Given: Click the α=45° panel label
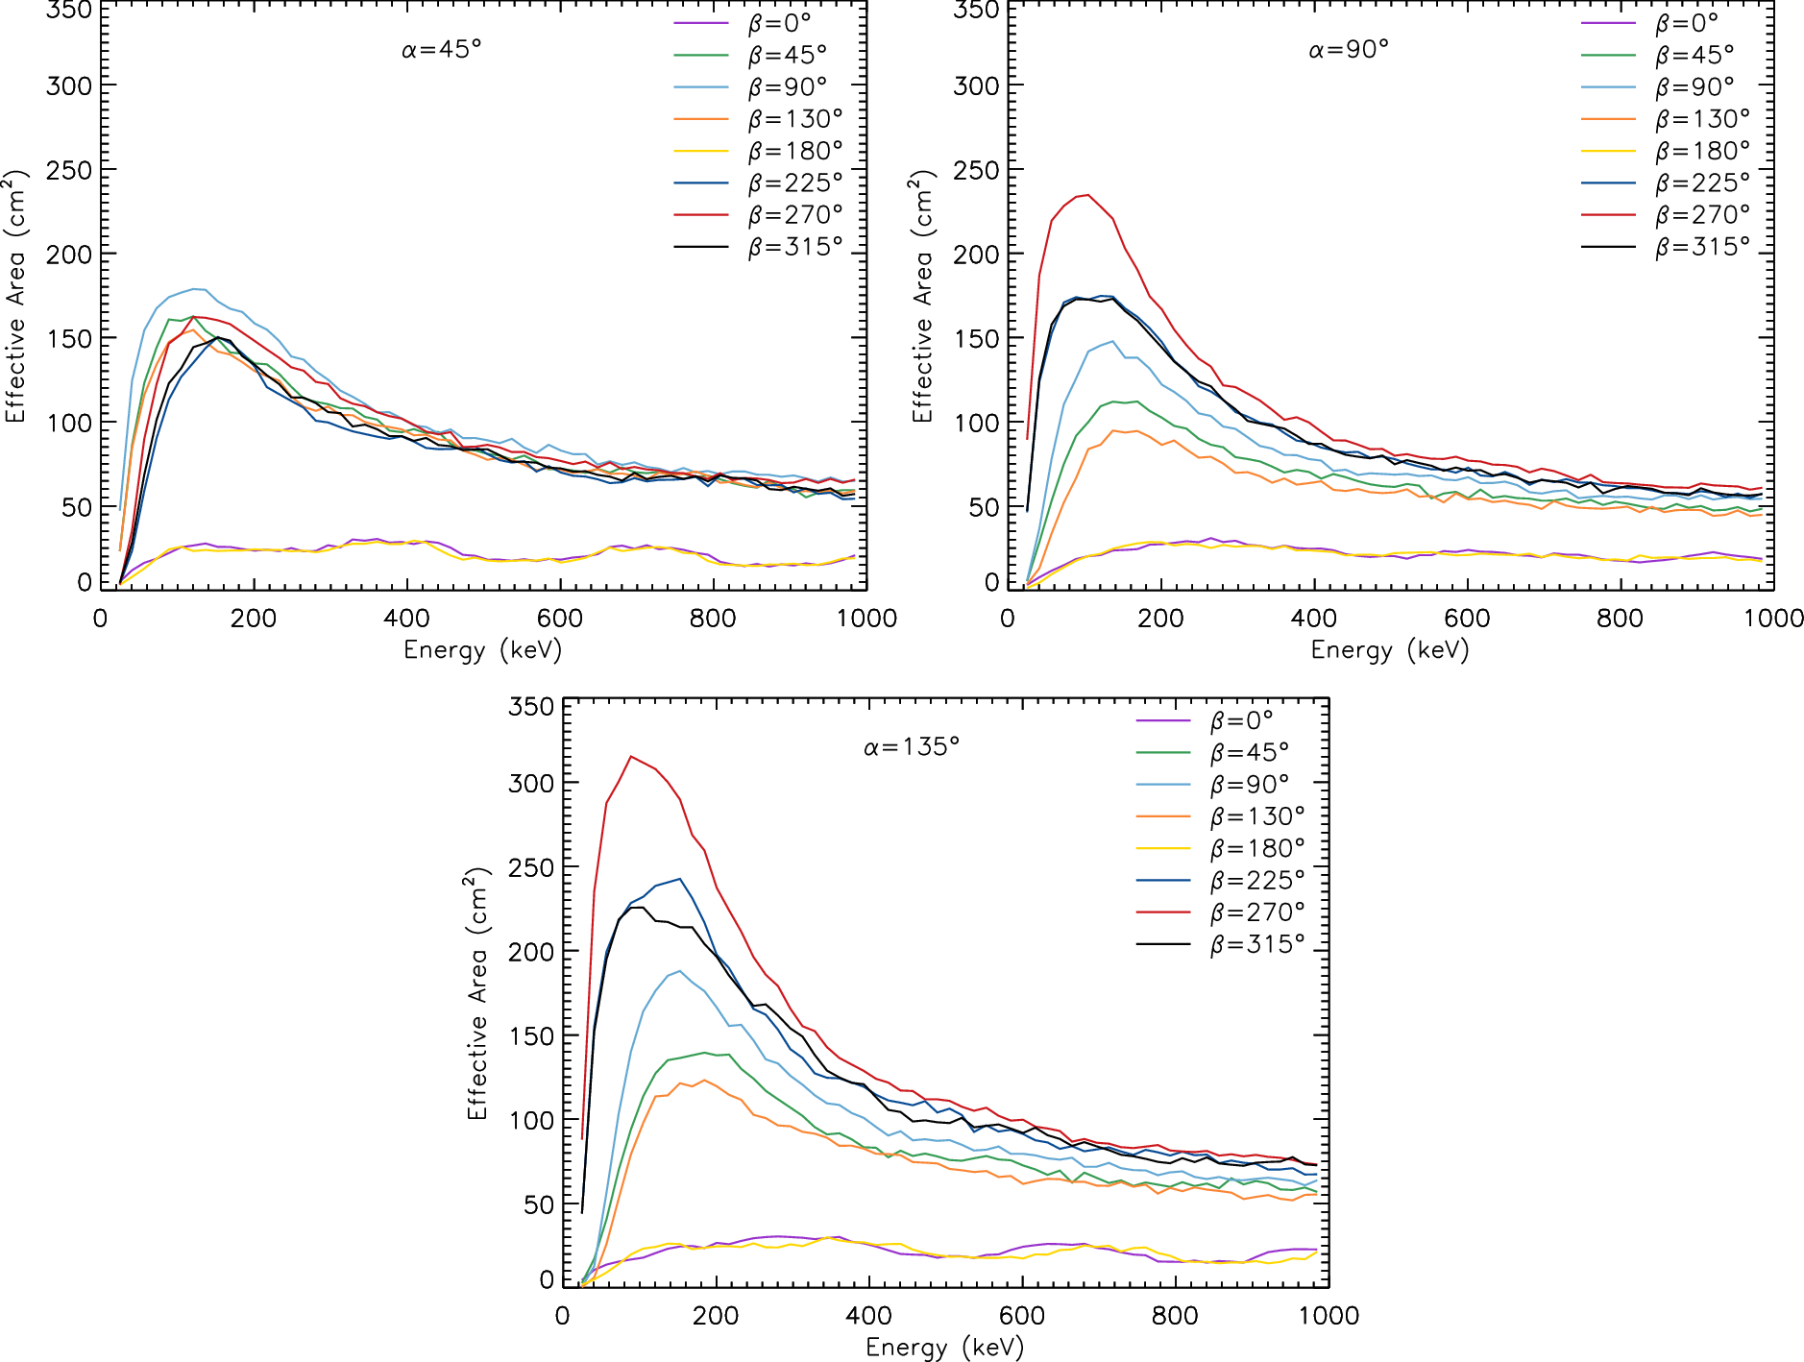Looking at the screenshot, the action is [442, 49].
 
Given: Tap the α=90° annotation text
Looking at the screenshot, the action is [1349, 49].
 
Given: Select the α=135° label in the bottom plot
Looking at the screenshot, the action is [912, 746].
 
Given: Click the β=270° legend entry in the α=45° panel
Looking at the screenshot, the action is [759, 215].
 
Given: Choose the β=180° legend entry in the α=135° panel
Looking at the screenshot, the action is [1221, 848].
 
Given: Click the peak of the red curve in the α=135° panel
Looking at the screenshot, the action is [630, 757].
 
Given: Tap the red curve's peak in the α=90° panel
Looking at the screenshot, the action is [1086, 195].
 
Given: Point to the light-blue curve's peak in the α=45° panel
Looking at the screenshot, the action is [197, 288].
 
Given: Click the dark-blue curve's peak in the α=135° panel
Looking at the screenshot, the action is [680, 878].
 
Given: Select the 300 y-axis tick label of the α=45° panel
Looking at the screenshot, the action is [68, 85].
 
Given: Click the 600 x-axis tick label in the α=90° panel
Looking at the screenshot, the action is [1467, 619].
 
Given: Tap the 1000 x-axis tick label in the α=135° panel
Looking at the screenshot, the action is [1329, 1316].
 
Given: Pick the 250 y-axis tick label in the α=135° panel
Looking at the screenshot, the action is [530, 867].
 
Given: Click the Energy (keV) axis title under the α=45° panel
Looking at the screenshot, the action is [482, 651].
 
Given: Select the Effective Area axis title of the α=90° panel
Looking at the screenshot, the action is [922, 296].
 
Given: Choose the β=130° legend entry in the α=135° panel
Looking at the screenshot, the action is [1221, 816].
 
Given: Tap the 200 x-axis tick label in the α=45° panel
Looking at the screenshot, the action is [254, 619].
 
